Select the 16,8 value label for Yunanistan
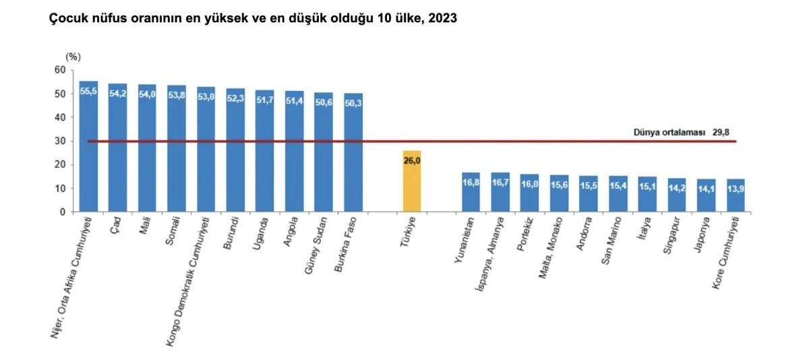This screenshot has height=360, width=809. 471,181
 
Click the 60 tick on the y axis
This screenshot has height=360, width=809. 60,70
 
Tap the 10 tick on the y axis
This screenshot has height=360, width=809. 60,188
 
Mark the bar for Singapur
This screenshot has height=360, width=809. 676,196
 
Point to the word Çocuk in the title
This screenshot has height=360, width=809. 65,19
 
